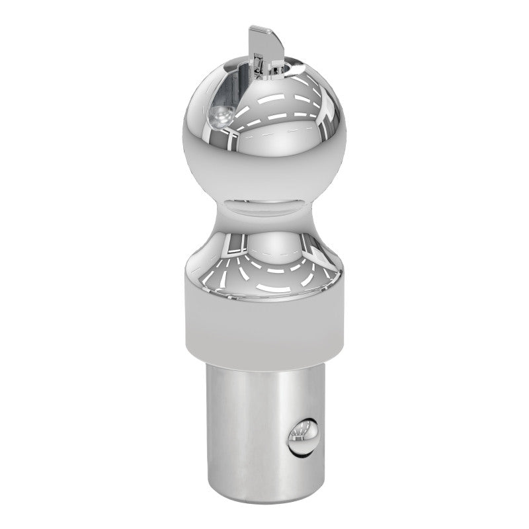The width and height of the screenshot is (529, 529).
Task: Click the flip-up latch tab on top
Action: click(x=259, y=46)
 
